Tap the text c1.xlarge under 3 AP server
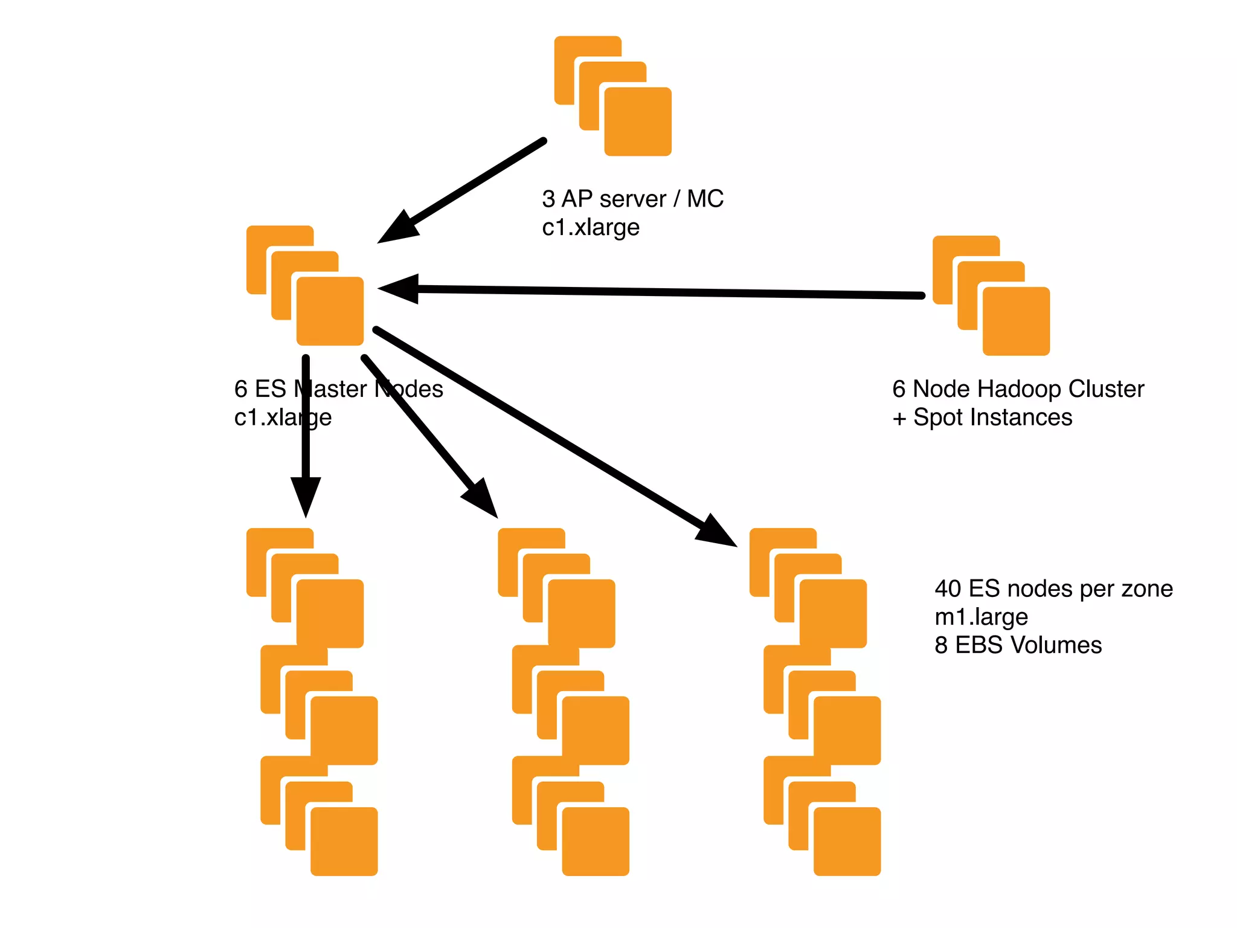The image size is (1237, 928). tap(591, 228)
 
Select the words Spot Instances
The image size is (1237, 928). tap(992, 417)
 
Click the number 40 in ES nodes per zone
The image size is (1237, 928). tap(948, 588)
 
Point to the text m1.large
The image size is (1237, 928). tap(981, 617)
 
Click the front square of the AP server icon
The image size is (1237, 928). tap(638, 121)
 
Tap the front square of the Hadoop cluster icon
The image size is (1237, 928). tap(1016, 321)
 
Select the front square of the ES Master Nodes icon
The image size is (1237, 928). tap(330, 311)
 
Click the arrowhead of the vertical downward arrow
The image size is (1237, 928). tap(306, 495)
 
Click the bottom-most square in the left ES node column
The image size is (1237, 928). tap(344, 841)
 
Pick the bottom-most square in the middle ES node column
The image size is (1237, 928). tap(596, 841)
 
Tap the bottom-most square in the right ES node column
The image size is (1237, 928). tap(847, 841)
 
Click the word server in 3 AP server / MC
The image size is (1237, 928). tap(632, 199)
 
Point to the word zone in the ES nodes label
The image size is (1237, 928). tap(1147, 588)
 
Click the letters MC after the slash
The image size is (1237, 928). tap(705, 199)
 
